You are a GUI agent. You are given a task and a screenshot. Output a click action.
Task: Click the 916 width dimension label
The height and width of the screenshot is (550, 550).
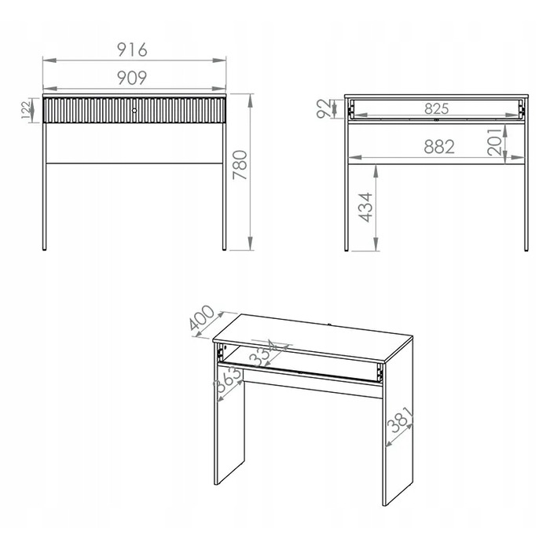pos(132,49)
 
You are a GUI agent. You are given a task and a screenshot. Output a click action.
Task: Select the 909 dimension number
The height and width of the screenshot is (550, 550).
pos(132,78)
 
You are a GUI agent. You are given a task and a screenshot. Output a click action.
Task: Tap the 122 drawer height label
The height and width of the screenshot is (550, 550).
pos(26,110)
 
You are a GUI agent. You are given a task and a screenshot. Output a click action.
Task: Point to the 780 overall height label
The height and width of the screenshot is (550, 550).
pos(240,165)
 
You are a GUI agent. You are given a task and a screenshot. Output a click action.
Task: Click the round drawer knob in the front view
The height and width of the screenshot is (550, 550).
pos(134,111)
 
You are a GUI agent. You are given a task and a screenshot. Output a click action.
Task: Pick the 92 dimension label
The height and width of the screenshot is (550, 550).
pos(324,108)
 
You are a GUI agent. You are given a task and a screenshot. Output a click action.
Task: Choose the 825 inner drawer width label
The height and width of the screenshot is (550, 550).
pos(436,108)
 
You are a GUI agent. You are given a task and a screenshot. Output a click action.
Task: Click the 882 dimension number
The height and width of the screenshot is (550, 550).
pos(439,147)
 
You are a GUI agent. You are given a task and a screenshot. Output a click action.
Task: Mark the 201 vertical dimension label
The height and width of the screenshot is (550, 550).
pos(495,141)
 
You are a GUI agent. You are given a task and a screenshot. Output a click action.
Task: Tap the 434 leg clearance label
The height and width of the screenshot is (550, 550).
pos(365,207)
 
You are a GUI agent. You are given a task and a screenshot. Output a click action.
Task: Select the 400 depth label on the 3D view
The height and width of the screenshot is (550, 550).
pos(201,317)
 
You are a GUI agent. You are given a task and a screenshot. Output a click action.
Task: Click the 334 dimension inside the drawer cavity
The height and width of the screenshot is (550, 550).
pos(263,353)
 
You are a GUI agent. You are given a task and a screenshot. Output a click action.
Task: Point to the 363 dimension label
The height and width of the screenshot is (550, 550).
pos(228,380)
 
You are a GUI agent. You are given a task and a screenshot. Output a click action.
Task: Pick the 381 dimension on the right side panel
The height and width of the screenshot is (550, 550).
pos(400,420)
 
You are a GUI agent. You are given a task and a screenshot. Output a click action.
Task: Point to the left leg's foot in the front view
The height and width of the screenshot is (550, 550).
pos(44,249)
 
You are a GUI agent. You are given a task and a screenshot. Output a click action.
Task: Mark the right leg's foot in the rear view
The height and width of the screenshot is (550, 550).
pos(526,250)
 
